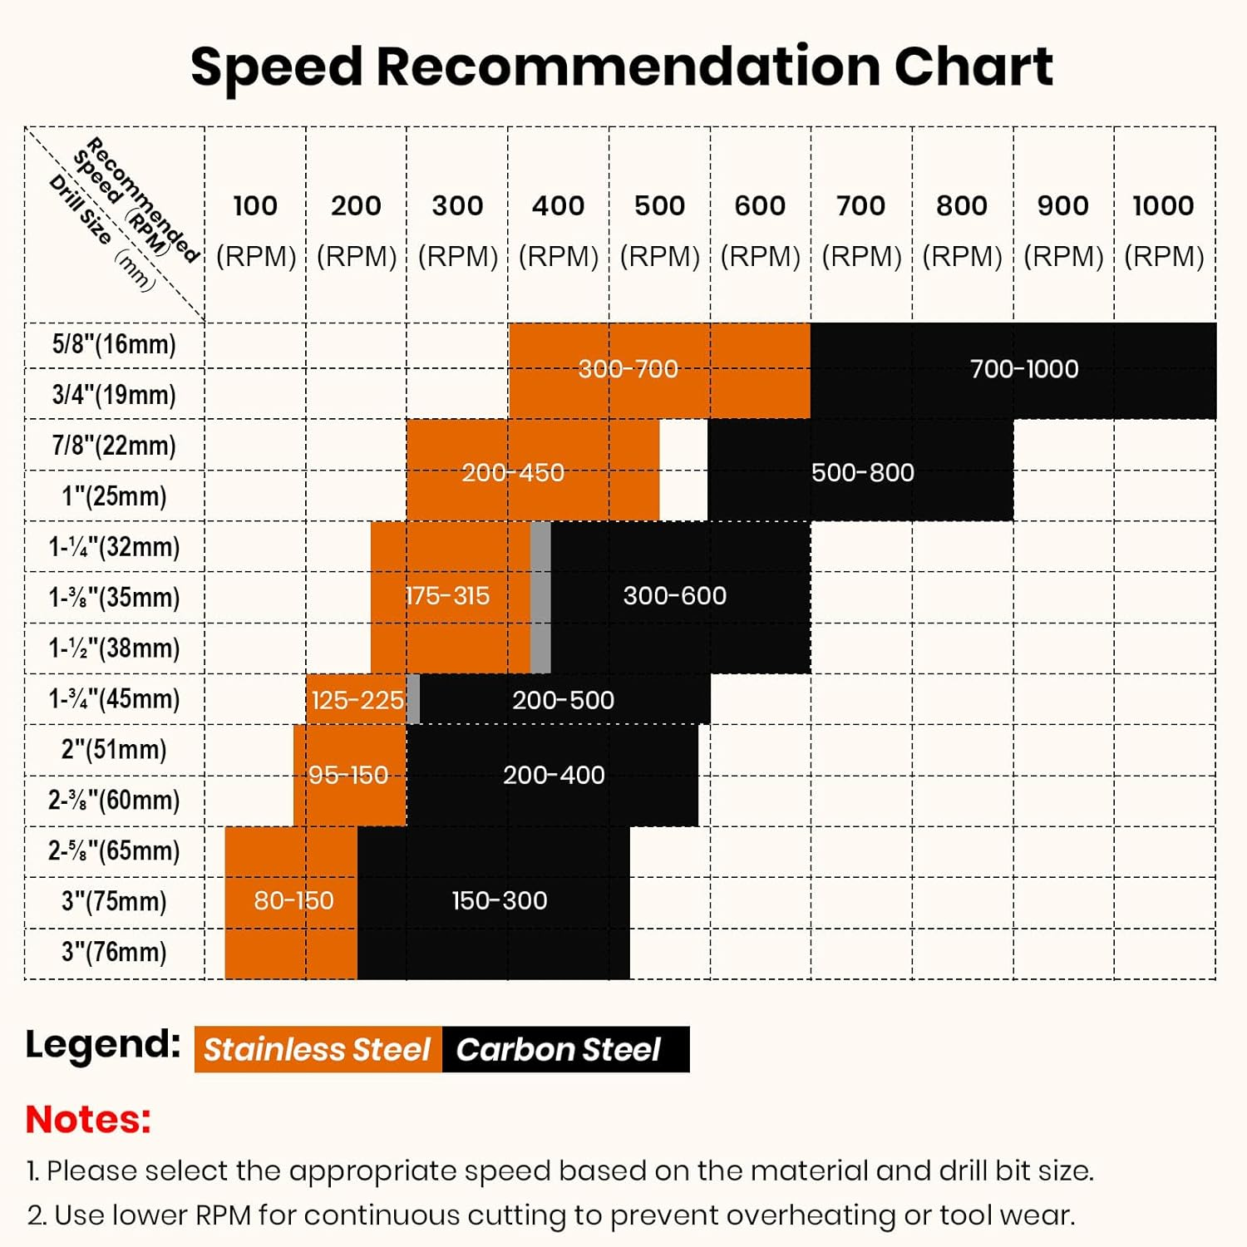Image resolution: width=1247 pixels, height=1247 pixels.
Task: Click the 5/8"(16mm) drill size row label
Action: coord(114,344)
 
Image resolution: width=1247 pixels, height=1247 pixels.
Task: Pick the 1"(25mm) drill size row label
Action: coord(114,496)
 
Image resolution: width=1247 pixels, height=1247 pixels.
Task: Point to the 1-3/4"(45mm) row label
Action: coord(114,698)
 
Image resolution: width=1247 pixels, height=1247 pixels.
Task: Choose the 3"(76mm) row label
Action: coord(114,952)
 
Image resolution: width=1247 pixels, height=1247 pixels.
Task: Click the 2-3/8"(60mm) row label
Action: coord(114,800)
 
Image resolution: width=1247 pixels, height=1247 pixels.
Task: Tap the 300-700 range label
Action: coord(628,369)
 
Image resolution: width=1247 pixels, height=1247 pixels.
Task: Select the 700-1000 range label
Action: coord(1024,369)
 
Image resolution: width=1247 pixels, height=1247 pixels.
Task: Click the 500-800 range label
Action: coord(862,473)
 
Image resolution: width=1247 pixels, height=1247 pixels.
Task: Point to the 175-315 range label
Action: coord(447,596)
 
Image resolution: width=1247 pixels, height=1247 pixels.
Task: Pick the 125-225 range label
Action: coord(357,701)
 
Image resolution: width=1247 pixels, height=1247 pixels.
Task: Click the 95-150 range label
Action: coord(348,776)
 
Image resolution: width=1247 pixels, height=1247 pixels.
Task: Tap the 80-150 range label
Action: coord(293,900)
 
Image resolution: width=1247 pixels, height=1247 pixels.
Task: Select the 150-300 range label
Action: coord(499,900)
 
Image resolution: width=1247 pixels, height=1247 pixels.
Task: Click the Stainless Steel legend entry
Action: coord(318,1049)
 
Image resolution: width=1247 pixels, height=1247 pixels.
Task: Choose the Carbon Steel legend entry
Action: coord(559,1049)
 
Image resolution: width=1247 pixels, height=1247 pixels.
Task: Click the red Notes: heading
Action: coord(88,1119)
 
